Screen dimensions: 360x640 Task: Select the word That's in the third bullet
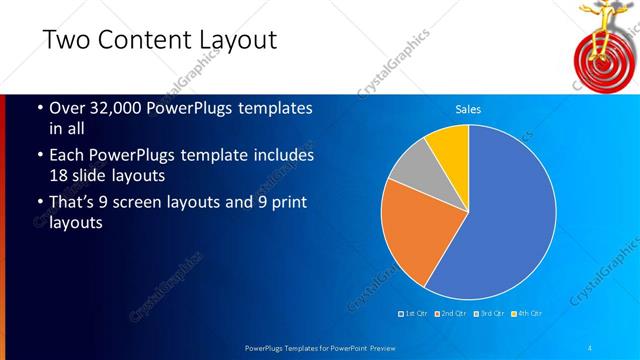tap(75, 203)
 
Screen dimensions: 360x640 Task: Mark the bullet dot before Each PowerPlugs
tap(39, 157)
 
